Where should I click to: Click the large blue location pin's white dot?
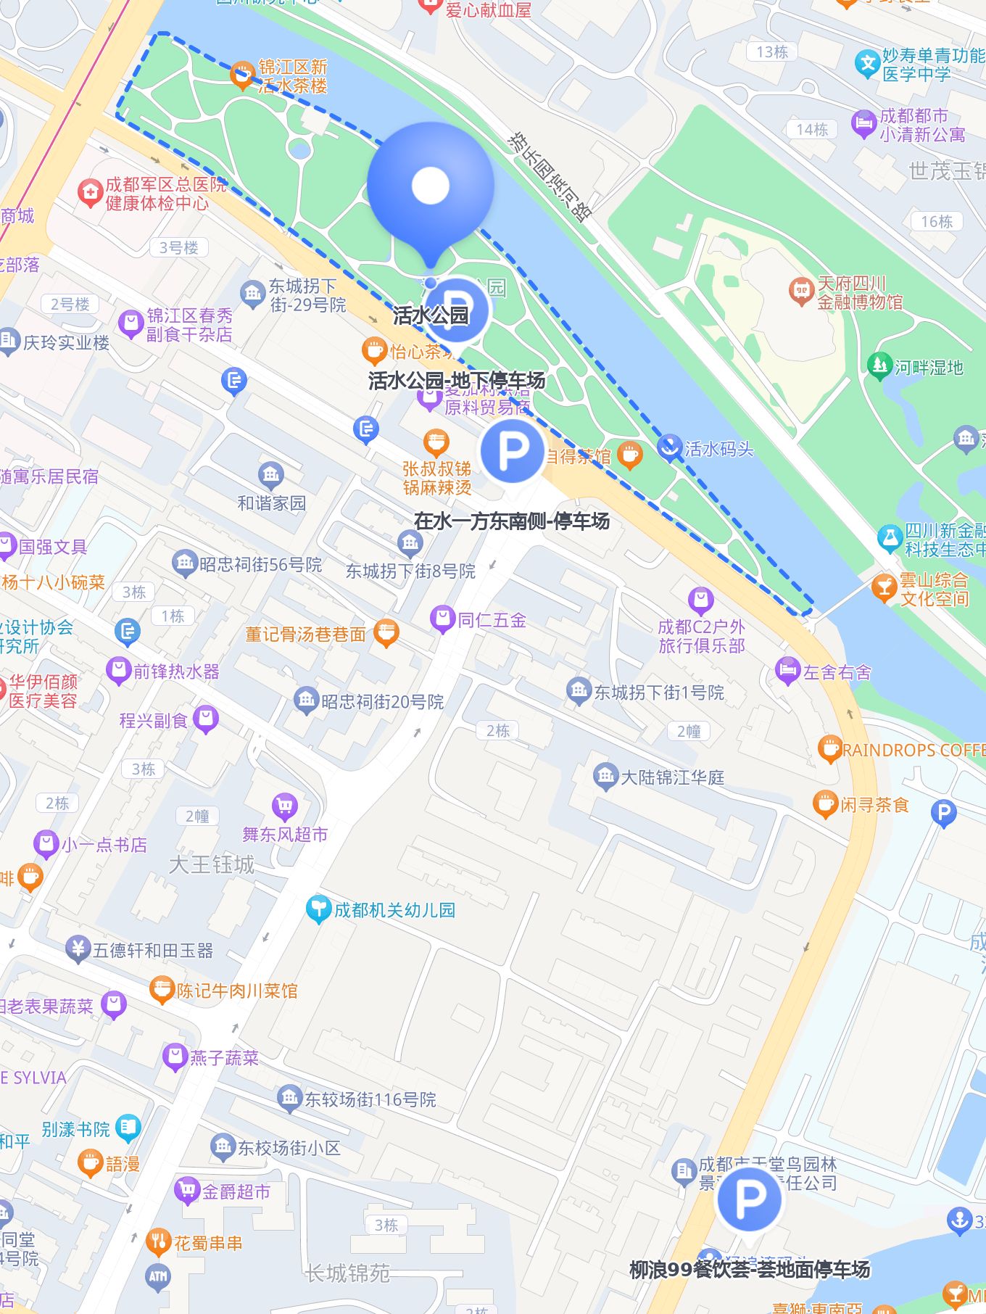[431, 186]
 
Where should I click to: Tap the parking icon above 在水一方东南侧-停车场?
[513, 450]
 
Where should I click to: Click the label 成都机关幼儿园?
[394, 909]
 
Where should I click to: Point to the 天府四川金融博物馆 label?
[860, 293]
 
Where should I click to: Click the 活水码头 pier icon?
[669, 447]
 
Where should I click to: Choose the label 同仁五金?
[492, 620]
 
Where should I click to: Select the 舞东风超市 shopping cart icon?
[285, 806]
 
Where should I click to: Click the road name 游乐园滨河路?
[550, 176]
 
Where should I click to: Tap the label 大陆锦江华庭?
[673, 777]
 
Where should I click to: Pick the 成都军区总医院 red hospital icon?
[90, 192]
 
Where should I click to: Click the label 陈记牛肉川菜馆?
[237, 991]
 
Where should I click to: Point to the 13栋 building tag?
[771, 52]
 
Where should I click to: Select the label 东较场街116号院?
[370, 1099]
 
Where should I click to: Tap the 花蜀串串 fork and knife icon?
[157, 1243]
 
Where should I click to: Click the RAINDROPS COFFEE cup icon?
[829, 749]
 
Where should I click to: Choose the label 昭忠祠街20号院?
[382, 701]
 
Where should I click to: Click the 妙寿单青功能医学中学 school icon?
[867, 64]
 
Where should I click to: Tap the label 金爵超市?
[236, 1191]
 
